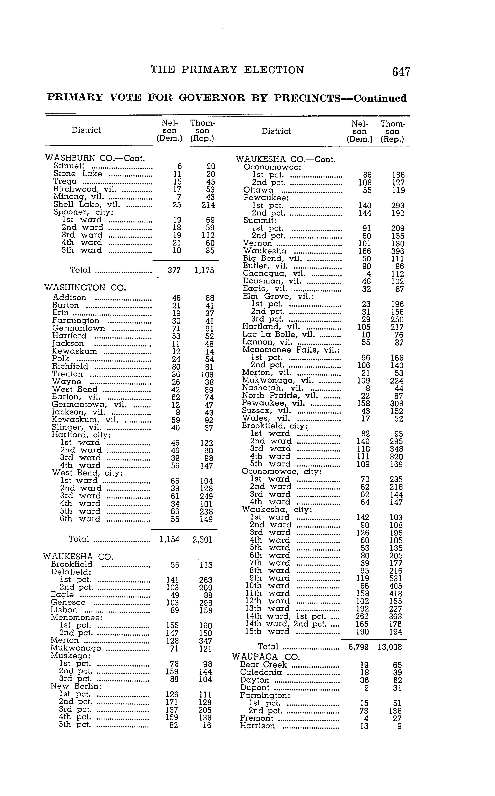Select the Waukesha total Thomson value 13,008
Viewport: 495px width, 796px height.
click(x=390, y=647)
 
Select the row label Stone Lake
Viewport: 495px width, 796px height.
click(x=78, y=174)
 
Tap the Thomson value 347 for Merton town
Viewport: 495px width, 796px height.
click(x=205, y=641)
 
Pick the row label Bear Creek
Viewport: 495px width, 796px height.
click(x=263, y=665)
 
